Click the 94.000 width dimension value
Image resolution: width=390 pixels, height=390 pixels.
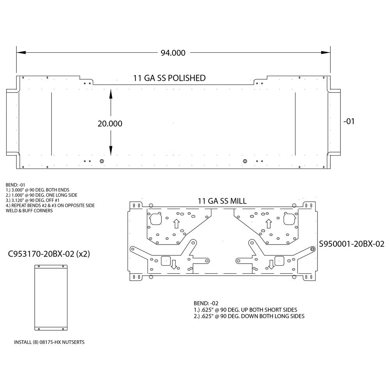click(173, 53)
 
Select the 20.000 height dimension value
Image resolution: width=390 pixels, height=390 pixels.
click(110, 124)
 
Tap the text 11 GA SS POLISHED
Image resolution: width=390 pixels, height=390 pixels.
click(169, 78)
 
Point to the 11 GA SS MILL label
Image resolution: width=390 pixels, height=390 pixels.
click(222, 201)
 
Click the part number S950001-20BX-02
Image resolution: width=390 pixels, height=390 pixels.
click(352, 244)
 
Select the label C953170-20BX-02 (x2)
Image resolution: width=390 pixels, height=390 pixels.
click(49, 254)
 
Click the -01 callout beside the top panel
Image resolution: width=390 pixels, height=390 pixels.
click(349, 121)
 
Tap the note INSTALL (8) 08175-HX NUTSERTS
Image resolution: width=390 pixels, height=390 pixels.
click(49, 342)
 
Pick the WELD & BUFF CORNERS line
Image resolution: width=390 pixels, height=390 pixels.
click(29, 211)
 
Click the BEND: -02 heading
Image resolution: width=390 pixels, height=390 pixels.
click(206, 303)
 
